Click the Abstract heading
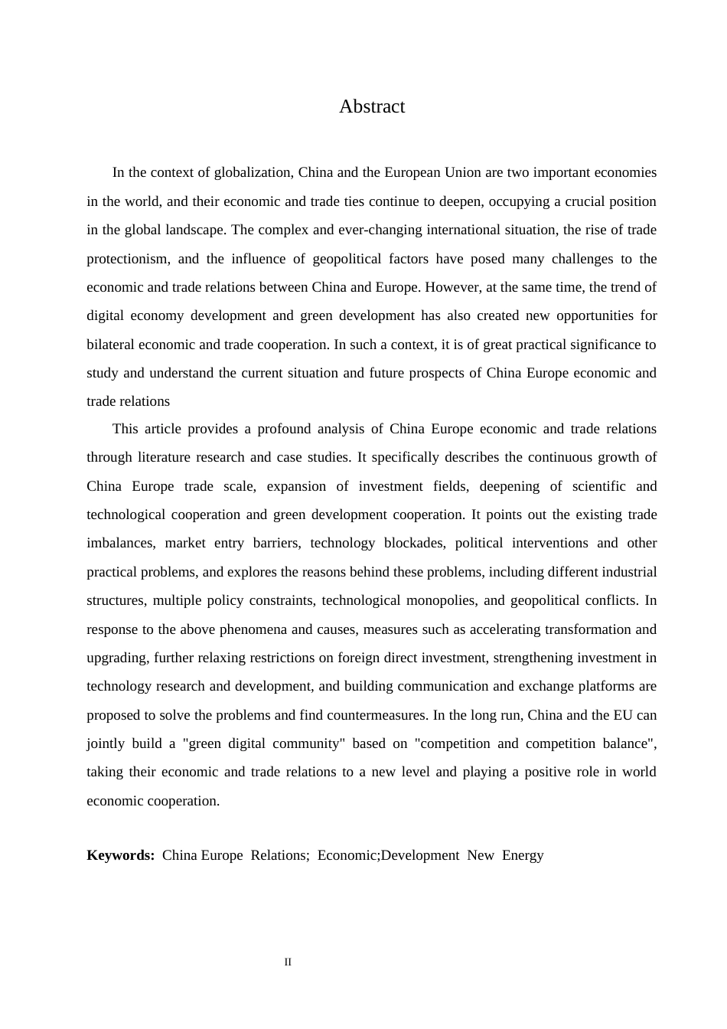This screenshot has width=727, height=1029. click(372, 106)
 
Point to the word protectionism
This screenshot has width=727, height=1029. click(127, 259)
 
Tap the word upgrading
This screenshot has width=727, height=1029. click(116, 658)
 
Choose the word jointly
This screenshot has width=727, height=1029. click(105, 743)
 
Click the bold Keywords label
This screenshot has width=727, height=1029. click(121, 855)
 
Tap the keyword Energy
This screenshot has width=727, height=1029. click(523, 855)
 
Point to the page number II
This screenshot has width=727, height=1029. click(288, 962)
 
